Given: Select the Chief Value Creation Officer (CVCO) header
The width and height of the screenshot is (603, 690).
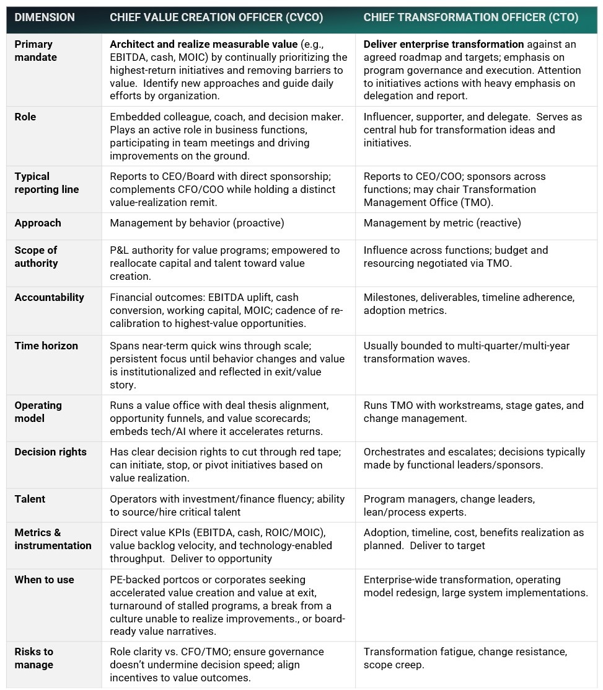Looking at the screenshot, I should point(216,17).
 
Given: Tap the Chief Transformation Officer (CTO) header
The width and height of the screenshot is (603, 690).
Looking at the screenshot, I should point(470,17).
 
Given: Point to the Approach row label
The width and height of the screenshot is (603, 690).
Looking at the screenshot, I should point(38,223).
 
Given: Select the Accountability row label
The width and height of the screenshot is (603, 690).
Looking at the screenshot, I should point(50,297).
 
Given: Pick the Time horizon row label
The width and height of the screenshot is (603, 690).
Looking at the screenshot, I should point(46,346).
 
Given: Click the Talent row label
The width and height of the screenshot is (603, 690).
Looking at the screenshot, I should point(30,499).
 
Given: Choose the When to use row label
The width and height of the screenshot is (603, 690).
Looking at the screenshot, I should point(45,580).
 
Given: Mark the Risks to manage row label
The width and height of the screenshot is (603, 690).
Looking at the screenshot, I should point(34,658).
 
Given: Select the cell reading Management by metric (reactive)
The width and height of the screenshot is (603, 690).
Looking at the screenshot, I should point(442,223).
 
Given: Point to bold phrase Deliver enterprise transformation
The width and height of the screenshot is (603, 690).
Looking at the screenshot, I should point(444,44).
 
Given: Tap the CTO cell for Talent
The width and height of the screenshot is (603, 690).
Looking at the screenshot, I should point(449,505).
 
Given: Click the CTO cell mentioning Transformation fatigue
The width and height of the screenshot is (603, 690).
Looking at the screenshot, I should point(465,658).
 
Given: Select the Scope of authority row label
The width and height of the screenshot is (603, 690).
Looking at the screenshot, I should point(36,256).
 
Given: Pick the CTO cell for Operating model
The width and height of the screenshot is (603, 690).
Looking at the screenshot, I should point(473,411).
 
